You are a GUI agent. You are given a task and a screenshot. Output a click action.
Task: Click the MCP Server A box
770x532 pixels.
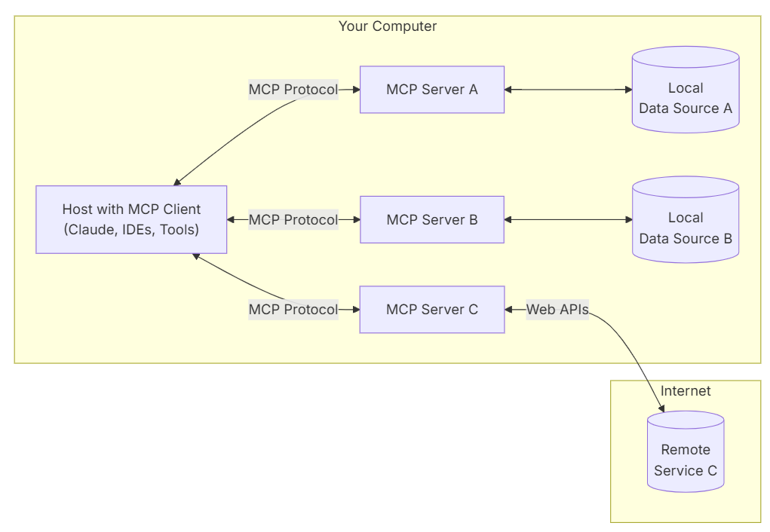(431, 90)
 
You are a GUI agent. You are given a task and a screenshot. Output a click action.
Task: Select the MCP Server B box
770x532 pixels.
(431, 220)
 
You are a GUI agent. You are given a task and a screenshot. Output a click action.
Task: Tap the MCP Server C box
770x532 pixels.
(431, 310)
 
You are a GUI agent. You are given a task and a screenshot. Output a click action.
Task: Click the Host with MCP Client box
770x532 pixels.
(131, 219)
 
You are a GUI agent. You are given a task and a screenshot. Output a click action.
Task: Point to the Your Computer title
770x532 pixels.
(388, 26)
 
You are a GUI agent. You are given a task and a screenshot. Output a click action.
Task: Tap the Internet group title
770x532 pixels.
(685, 391)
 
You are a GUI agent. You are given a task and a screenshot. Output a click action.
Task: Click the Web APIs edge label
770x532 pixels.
(557, 310)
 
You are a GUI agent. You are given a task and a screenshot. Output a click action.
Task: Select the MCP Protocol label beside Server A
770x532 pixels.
(293, 90)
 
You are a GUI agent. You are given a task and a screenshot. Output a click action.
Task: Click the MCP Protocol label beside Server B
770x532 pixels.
(293, 220)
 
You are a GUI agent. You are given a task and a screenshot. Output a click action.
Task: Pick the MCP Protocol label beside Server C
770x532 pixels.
(293, 310)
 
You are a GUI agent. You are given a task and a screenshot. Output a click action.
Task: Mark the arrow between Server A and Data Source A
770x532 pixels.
(568, 90)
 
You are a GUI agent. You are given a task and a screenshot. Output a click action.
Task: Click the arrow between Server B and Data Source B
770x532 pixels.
(568, 220)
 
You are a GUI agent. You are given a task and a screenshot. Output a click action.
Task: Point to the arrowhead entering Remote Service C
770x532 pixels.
(661, 408)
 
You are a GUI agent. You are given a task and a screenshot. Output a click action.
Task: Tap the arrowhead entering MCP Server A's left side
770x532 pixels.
(355, 90)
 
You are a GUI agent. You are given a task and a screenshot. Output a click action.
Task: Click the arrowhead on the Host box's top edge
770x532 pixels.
(177, 182)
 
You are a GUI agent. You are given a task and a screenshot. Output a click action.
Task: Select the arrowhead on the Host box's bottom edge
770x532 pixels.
(195, 257)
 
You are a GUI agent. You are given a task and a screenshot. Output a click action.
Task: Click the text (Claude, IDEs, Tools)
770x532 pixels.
(131, 230)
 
